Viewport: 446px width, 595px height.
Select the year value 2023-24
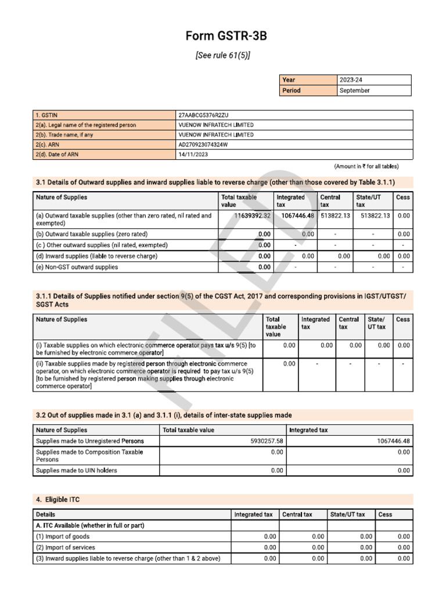point(354,80)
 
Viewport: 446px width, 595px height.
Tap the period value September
point(355,91)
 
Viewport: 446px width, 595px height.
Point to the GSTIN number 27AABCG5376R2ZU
point(207,115)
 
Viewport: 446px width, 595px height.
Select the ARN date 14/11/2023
point(193,155)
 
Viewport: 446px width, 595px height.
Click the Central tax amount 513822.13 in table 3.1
point(335,216)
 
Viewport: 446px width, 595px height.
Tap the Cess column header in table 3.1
point(402,198)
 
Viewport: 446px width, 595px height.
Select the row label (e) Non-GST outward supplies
point(77,267)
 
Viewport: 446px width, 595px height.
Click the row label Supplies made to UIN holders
point(76,471)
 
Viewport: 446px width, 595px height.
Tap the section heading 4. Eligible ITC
point(61,499)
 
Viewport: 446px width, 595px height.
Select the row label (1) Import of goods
point(63,537)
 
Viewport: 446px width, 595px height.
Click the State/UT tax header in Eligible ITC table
point(347,514)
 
